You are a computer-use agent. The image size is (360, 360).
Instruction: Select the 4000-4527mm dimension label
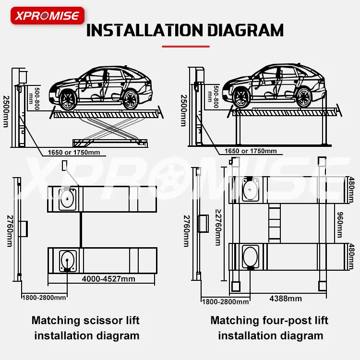(108, 279)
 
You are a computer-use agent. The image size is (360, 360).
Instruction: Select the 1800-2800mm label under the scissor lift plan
(44, 298)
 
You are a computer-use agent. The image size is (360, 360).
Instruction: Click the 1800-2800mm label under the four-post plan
(225, 301)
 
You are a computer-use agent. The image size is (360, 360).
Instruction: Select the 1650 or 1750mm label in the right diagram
(251, 151)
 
